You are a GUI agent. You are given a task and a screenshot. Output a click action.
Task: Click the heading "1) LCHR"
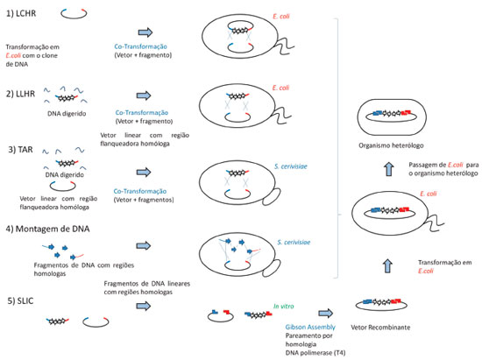coord(21,13)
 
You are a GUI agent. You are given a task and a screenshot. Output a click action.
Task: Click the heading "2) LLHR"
coord(21,94)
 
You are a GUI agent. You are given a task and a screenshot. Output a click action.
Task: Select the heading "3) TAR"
coord(21,150)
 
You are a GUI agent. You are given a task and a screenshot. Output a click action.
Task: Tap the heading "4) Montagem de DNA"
coord(47,229)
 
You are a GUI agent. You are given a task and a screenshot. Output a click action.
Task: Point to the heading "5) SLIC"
coord(20,300)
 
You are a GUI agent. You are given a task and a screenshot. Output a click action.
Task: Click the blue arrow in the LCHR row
coord(145,32)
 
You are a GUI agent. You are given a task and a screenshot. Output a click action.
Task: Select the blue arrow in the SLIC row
coord(144,306)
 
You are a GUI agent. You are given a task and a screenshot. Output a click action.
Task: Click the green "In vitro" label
coord(283,307)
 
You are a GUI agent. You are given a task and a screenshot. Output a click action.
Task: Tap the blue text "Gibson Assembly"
coord(310,327)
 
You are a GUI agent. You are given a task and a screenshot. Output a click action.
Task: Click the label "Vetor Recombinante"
coord(380,328)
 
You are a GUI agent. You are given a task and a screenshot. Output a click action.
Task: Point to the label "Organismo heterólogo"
coord(391,145)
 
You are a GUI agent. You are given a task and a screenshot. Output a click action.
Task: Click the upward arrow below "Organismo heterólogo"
coord(389,169)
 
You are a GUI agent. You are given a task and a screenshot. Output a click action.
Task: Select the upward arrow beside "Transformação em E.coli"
coord(388,265)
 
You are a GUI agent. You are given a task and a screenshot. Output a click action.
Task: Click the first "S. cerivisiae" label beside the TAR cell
coord(291,166)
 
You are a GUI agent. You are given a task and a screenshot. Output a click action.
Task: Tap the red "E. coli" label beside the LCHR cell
coord(281,17)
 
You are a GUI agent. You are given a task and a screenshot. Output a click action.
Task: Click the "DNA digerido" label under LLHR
coord(67,114)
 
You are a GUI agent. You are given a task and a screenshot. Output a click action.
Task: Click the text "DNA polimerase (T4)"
coord(315,353)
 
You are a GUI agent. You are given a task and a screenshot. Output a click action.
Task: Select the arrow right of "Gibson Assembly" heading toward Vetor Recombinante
coord(326,313)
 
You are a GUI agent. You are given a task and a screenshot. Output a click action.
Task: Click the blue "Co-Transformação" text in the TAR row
coord(140,191)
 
